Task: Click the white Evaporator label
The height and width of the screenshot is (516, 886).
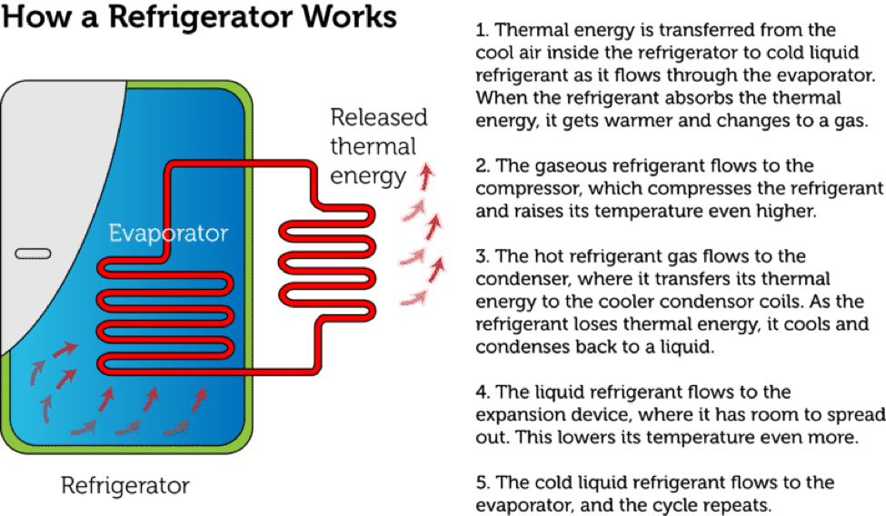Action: (168, 233)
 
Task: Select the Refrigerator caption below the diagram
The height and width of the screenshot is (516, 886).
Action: (125, 485)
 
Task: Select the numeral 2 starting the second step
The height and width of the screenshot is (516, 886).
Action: (482, 166)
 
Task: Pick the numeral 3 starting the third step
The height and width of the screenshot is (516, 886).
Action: (482, 257)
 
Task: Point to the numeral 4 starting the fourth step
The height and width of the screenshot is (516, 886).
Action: (482, 392)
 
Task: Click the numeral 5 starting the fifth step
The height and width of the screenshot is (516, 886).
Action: (482, 482)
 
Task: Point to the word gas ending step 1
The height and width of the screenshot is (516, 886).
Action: (850, 121)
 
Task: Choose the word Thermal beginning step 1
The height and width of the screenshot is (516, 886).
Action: (533, 30)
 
